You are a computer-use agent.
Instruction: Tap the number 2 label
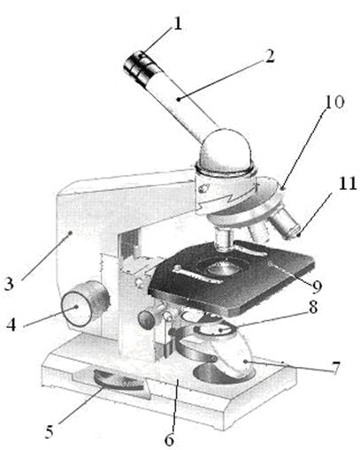click(x=270, y=56)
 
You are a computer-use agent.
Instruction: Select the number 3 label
click(x=9, y=283)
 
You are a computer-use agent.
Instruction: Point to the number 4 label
click(x=11, y=324)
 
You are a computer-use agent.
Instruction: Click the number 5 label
click(x=50, y=431)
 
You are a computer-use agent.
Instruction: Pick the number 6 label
click(x=169, y=439)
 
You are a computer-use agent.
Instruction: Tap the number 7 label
click(x=335, y=367)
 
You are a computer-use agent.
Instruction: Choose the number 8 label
click(x=313, y=307)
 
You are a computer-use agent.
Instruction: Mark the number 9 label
click(x=317, y=286)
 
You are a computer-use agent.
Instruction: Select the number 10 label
click(x=334, y=102)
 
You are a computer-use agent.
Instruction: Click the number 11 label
click(x=347, y=183)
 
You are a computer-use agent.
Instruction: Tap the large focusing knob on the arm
click(x=85, y=304)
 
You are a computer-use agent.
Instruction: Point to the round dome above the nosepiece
click(x=226, y=149)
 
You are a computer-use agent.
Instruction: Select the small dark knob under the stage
click(x=148, y=317)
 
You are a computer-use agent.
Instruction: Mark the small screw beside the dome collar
click(x=203, y=187)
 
